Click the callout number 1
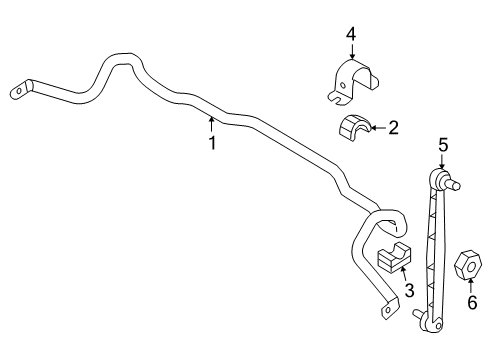click(x=212, y=142)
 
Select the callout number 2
click(x=393, y=127)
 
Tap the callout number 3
click(x=408, y=290)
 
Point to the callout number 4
click(x=351, y=35)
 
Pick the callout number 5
click(x=441, y=145)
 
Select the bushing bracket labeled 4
click(x=355, y=81)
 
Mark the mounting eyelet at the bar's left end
click(x=21, y=90)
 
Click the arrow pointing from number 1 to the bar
click(x=212, y=123)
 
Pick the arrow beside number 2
click(x=376, y=127)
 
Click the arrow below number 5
click(x=441, y=163)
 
